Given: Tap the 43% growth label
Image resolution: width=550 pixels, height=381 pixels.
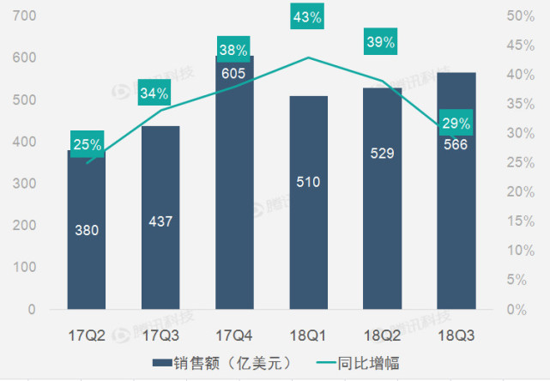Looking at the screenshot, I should [307, 17].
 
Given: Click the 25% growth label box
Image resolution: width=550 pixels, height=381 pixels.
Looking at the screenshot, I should [88, 144].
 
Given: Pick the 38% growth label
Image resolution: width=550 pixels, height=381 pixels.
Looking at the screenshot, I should [233, 50].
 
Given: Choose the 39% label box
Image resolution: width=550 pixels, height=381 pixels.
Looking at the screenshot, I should [381, 42].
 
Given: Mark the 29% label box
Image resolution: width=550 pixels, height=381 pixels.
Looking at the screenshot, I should [455, 124].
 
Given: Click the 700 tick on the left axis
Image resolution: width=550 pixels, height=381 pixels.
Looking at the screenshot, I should [25, 17].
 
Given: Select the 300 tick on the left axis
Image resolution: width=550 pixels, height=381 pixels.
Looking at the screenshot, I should [25, 184].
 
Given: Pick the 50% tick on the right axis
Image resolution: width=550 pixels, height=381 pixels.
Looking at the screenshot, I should [521, 17].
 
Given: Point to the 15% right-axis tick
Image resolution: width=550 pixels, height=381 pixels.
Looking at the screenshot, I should [521, 221].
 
